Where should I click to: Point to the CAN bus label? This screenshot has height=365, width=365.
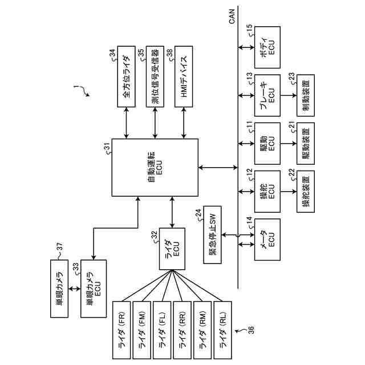click(232, 17)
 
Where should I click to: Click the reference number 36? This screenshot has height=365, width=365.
click(251, 330)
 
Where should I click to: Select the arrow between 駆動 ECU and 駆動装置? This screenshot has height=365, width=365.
click(289, 143)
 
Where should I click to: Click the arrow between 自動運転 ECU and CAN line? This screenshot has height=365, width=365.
click(218, 167)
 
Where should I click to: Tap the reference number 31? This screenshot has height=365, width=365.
click(108, 147)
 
